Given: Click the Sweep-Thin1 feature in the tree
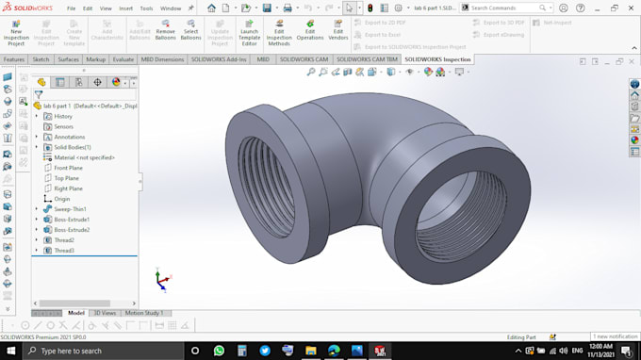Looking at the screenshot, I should pos(70,209).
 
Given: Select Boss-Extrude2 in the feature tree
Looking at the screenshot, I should pos(72,230).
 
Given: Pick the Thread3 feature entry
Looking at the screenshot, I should pos(64,251).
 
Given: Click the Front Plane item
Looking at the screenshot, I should pos(68,168).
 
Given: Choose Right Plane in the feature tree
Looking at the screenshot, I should pos(68,188).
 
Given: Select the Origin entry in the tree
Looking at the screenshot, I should pos(62,199).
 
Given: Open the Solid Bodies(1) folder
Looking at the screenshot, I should pos(73,147).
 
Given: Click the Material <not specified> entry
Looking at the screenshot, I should pos(84,157).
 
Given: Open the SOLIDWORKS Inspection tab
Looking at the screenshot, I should pos(437,59).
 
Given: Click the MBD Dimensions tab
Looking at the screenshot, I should pos(162,59).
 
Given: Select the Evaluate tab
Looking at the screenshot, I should pos(123,59).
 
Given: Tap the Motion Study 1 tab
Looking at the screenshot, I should pos(144,313).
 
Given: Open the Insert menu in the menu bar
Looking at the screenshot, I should pos(125,8).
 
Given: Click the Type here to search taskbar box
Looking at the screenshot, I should pos(94,351).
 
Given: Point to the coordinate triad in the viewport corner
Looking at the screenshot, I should pos(162,279).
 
